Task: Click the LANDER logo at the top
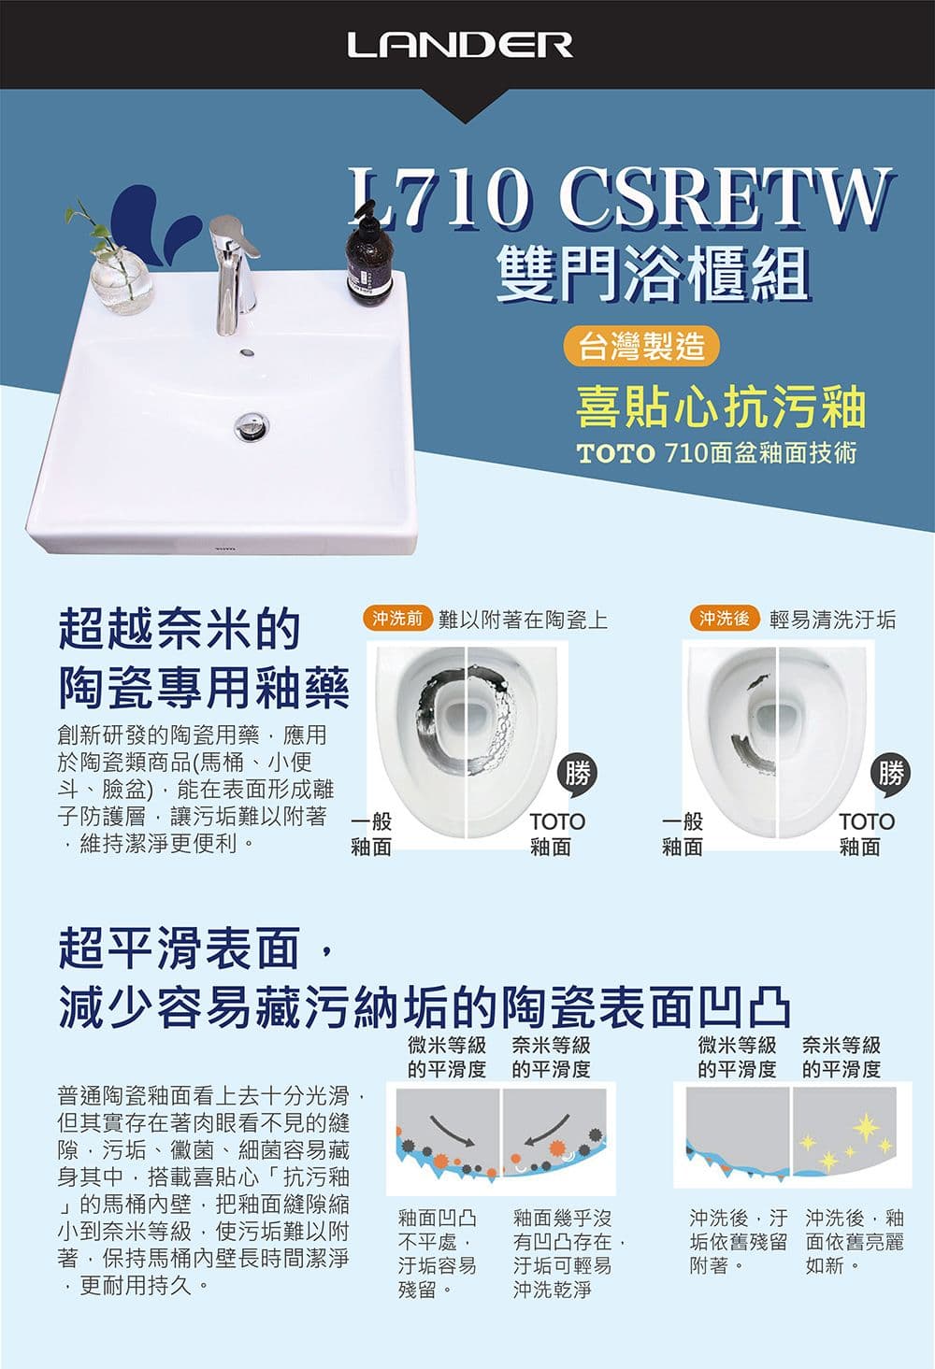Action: click(x=460, y=45)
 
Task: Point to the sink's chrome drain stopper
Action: click(x=252, y=425)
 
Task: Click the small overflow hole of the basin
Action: click(x=247, y=352)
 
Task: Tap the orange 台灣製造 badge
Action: click(x=640, y=346)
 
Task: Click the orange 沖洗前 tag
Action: click(x=398, y=618)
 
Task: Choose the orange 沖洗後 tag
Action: click(x=724, y=618)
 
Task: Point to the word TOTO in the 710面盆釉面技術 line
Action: click(x=615, y=454)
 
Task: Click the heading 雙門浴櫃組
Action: click(x=654, y=276)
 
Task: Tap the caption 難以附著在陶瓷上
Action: click(x=523, y=620)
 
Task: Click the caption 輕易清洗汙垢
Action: click(x=832, y=620)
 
